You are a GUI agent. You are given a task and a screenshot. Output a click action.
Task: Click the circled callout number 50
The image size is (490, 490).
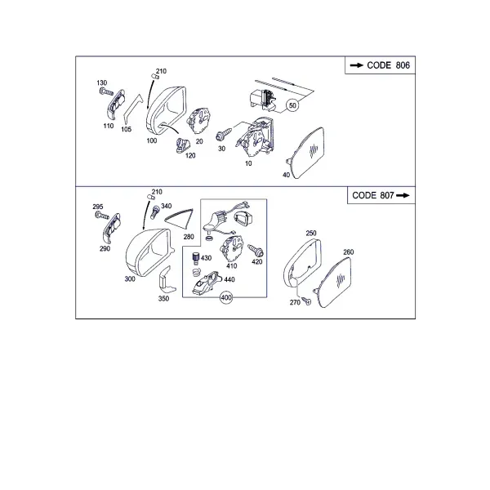tap(292, 105)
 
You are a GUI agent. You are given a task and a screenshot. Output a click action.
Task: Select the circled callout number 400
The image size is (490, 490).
tap(226, 297)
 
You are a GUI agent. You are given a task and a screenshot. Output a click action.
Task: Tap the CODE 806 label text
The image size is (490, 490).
tap(388, 65)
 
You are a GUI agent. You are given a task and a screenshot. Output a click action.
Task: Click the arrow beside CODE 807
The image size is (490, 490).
tap(403, 195)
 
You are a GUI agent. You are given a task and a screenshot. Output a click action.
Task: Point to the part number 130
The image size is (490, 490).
tap(102, 82)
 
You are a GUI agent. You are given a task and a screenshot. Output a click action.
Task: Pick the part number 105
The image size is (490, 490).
tap(127, 129)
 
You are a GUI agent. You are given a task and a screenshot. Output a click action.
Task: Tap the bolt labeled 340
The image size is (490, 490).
tap(155, 212)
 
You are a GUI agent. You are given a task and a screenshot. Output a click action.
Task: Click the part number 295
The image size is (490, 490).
tap(98, 207)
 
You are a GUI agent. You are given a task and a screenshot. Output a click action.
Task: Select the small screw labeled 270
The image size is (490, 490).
tap(307, 301)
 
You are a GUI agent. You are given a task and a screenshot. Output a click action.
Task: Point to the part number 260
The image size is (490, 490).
tap(349, 252)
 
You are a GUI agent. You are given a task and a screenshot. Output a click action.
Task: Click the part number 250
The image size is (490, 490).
tap(311, 233)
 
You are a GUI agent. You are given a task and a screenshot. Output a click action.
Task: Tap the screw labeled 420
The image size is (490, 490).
tap(256, 251)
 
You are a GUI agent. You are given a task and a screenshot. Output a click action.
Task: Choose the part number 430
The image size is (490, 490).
tap(207, 258)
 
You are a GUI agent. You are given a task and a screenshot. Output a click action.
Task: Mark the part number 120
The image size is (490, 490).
tap(190, 155)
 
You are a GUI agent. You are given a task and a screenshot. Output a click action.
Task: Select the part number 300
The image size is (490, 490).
tap(130, 278)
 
